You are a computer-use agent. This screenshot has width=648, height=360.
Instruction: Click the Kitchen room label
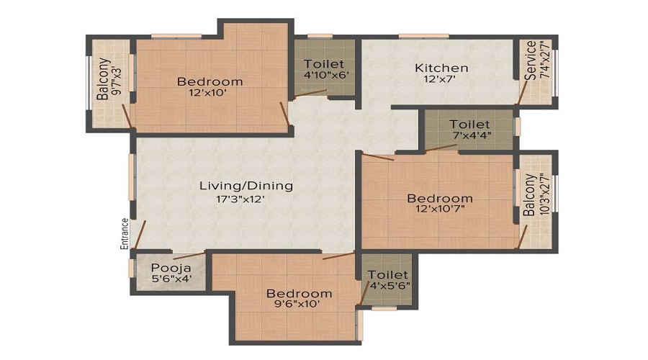pyautogui.click(x=441, y=68)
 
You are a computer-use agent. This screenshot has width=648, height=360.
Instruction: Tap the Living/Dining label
pyautogui.click(x=246, y=186)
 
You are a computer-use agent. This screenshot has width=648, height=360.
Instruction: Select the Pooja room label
pyautogui.click(x=171, y=268)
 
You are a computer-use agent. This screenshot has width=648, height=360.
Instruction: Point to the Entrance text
pyautogui.click(x=125, y=233)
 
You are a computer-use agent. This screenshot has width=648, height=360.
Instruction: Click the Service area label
pyautogui.click(x=530, y=60)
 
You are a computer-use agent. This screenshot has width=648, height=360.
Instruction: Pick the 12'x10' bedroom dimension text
pyautogui.click(x=208, y=93)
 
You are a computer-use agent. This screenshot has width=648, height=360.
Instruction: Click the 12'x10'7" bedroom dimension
pyautogui.click(x=441, y=208)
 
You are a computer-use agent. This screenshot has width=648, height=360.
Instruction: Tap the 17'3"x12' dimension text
pyautogui.click(x=240, y=199)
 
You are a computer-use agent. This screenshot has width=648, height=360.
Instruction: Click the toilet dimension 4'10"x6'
pyautogui.click(x=326, y=75)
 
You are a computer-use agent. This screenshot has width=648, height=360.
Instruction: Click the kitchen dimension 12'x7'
pyautogui.click(x=440, y=78)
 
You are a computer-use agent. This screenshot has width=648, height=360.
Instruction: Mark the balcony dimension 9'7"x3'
pyautogui.click(x=117, y=78)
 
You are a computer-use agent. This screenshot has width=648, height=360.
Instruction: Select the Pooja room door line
pyautogui.click(x=189, y=256)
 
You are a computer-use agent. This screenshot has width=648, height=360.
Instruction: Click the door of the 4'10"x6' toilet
pyautogui.click(x=310, y=94)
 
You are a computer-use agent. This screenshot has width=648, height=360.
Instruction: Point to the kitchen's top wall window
pyautogui.click(x=423, y=37)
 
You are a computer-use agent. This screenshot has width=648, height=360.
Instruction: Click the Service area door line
pyautogui.click(x=523, y=92)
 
